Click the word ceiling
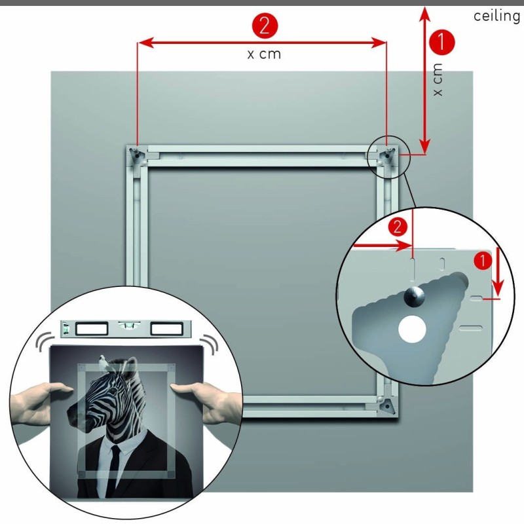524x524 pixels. point(496,16)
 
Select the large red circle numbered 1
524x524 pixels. point(441,43)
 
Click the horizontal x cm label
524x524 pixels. point(264,54)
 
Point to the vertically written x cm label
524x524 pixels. point(438,79)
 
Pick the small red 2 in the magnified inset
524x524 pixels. point(396,227)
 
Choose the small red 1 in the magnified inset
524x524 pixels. point(483,260)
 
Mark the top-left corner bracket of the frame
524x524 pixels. point(136,156)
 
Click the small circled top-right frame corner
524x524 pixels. point(387,156)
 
